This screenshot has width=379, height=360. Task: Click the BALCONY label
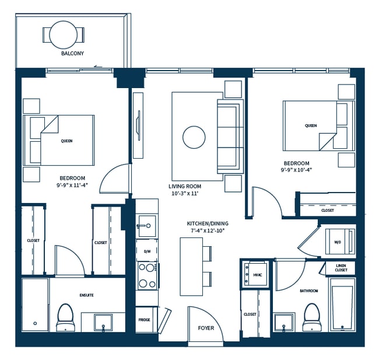72,53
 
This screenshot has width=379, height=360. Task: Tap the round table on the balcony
64,35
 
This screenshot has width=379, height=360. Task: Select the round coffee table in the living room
194,137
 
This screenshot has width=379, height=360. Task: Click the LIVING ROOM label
185,186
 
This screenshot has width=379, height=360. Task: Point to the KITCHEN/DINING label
208,223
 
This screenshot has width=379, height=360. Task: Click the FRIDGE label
144,320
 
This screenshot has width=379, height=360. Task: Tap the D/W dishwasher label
147,251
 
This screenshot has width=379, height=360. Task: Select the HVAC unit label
258,275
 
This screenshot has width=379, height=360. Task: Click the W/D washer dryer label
338,242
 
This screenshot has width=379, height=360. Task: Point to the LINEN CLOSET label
341,268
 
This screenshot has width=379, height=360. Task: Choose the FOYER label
206,328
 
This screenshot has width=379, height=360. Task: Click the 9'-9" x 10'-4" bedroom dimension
296,170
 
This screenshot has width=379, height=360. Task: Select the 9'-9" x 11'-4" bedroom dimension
72,186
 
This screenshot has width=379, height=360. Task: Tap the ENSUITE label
86,295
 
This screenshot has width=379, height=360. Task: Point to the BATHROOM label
309,291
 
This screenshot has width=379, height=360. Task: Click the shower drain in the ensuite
35,323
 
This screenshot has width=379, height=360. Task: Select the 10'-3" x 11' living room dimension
185,194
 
